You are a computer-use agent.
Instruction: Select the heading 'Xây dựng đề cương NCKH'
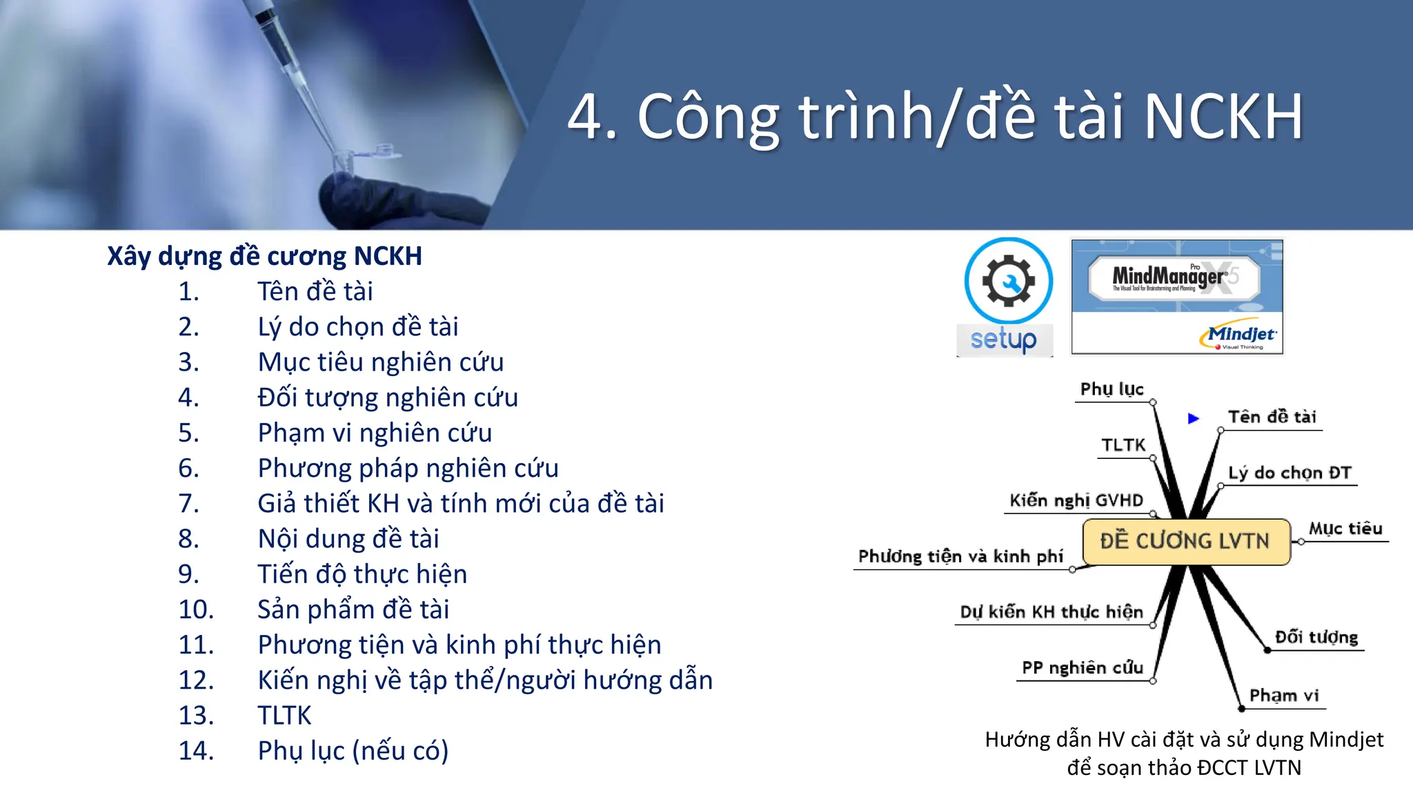[x=264, y=256]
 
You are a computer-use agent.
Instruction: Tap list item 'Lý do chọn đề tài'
[x=357, y=327]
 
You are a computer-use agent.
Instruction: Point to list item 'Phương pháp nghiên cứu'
[x=408, y=469]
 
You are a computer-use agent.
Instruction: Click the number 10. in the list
[x=196, y=610]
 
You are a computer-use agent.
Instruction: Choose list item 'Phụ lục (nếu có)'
[x=353, y=751]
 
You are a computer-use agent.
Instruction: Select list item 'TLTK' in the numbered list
[x=284, y=716]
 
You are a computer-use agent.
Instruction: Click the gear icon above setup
[x=1008, y=281]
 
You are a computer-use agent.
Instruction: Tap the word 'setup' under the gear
[x=1004, y=340]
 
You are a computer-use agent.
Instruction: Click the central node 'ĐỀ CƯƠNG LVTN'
[x=1185, y=541]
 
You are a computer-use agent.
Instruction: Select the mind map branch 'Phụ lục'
[x=1111, y=389]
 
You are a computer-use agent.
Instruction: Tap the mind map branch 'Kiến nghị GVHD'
[x=1076, y=500]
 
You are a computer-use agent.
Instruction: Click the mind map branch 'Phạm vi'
[x=1283, y=696]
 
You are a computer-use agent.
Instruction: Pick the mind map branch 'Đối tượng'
[x=1316, y=637]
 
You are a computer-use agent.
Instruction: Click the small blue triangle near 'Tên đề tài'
[x=1193, y=418]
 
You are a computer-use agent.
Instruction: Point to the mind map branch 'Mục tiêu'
[x=1345, y=529]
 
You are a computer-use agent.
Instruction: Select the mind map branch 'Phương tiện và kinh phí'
[x=960, y=556]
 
